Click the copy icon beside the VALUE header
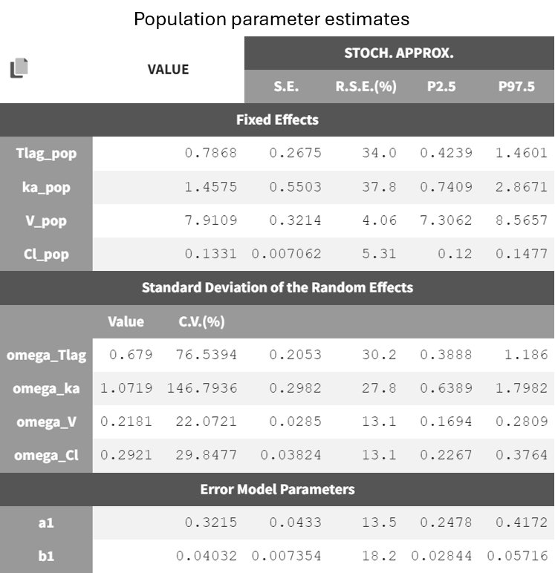click(x=19, y=69)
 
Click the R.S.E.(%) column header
click(x=366, y=86)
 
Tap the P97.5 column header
click(x=516, y=86)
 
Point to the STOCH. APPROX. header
click(x=399, y=53)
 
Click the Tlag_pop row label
click(x=46, y=154)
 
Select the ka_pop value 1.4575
click(x=210, y=187)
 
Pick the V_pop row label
click(x=46, y=220)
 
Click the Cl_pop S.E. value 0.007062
click(x=287, y=254)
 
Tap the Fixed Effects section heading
click(x=277, y=119)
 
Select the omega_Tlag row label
click(x=46, y=355)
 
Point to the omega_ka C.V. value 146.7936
click(x=201, y=388)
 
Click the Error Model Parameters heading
click(x=277, y=489)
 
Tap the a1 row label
click(x=46, y=523)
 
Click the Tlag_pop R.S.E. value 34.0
click(x=380, y=154)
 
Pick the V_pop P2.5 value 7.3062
click(x=446, y=220)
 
